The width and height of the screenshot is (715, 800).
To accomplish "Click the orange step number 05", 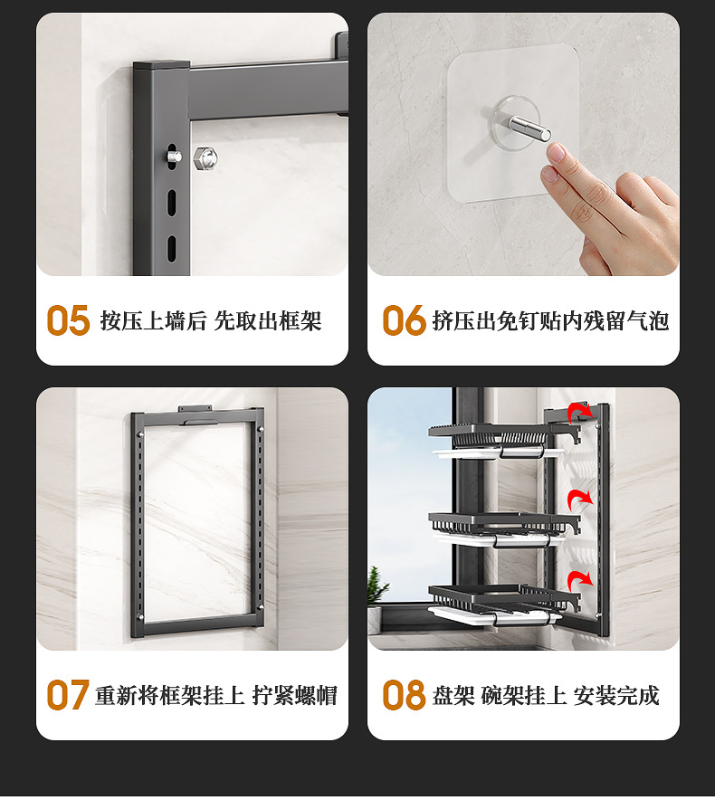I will point(69,320).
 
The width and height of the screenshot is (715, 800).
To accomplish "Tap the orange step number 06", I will point(404,320).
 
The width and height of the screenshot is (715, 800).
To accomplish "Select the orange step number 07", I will point(68,695).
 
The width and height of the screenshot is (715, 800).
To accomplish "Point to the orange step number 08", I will point(404,695).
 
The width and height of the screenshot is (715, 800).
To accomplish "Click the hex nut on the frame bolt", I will point(205,157).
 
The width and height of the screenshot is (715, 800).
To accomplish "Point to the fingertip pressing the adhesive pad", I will point(557,154).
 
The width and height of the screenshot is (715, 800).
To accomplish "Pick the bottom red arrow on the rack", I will point(579,577).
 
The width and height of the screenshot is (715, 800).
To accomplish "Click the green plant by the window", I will point(377,588).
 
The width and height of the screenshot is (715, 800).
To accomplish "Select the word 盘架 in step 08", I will point(453,695).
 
